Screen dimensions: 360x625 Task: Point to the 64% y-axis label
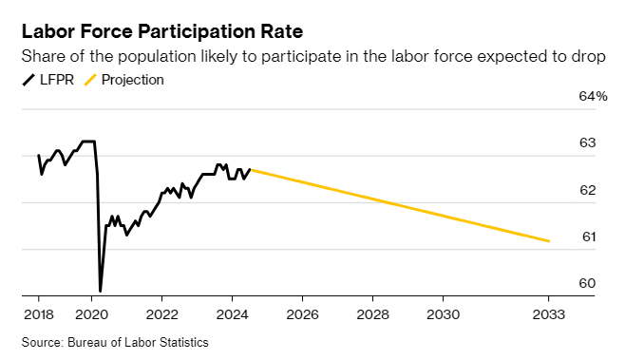click(x=592, y=97)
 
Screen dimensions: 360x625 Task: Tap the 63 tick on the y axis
click(x=587, y=143)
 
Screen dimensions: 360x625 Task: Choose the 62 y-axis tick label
click(x=587, y=191)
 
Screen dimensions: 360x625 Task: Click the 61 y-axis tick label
click(x=587, y=237)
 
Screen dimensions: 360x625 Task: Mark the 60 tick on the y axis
click(x=587, y=284)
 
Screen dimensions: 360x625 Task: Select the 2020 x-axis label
click(x=91, y=313)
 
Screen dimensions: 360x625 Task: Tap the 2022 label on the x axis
click(x=162, y=313)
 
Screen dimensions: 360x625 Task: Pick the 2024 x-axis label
click(x=232, y=313)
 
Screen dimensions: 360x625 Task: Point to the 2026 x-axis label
click(x=302, y=313)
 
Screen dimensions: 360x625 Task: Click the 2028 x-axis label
click(x=372, y=313)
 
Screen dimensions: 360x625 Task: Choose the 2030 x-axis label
click(x=443, y=313)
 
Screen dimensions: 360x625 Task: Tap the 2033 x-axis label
click(x=548, y=313)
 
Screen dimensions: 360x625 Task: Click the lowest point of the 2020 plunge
click(x=100, y=291)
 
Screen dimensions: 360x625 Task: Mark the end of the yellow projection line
click(x=549, y=241)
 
